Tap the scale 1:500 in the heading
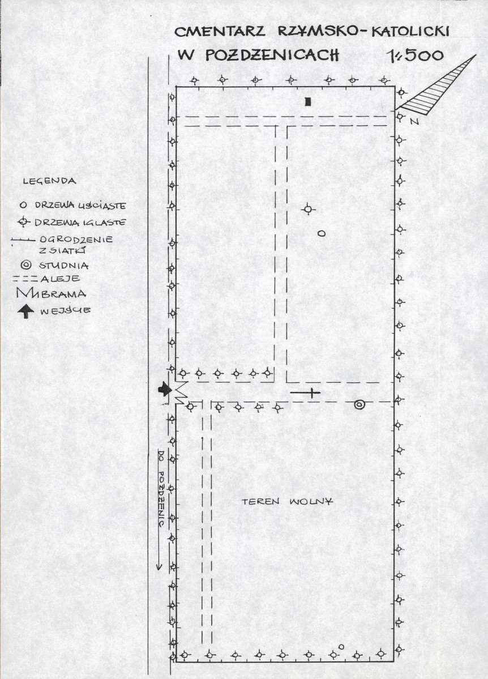(415, 55)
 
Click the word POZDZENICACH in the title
(272, 55)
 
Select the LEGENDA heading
(49, 181)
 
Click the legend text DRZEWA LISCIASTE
(80, 205)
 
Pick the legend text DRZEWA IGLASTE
(80, 223)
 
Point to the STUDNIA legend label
(63, 265)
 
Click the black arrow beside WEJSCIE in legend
(27, 311)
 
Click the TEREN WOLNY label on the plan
(288, 502)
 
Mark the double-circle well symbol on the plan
(359, 404)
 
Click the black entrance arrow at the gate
(164, 389)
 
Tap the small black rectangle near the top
(308, 102)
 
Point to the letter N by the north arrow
(414, 122)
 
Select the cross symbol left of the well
(311, 393)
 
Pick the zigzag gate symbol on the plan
(181, 393)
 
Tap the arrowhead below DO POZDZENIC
(159, 566)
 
